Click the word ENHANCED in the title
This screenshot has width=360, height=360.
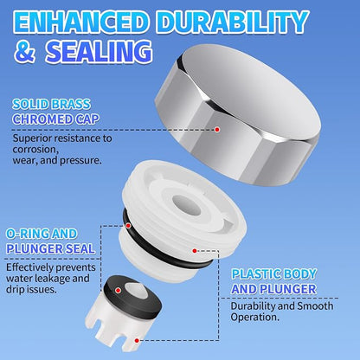point(79,22)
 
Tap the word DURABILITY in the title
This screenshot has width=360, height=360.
point(234,22)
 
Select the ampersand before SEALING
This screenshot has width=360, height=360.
point(25,51)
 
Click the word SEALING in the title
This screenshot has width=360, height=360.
point(99,52)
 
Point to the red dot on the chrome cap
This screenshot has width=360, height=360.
point(217,130)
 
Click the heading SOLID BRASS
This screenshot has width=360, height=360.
point(51,104)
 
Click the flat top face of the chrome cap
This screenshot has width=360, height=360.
point(248,90)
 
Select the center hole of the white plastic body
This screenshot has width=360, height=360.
point(187,205)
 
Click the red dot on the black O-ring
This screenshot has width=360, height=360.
point(128,226)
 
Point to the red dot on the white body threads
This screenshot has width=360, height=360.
point(195,251)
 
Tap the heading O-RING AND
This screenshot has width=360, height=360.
point(42,234)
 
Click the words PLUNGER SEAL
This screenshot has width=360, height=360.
point(50,248)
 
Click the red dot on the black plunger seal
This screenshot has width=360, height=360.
point(118,290)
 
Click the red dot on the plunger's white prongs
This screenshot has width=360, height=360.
point(137,340)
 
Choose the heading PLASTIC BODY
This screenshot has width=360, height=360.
point(274,273)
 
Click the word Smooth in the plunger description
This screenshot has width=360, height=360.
point(315,305)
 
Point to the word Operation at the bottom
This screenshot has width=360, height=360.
point(255,318)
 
